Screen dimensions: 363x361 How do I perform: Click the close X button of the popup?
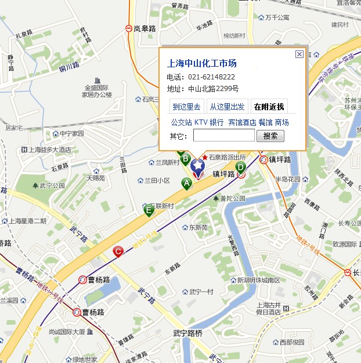(299, 54)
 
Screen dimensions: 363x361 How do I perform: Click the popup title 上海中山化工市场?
(201, 64)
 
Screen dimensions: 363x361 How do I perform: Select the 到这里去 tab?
(186, 107)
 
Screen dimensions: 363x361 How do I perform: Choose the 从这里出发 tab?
(227, 107)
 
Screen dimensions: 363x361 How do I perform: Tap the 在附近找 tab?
(269, 107)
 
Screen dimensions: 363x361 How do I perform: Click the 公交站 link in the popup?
(181, 122)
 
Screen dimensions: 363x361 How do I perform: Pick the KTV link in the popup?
(200, 122)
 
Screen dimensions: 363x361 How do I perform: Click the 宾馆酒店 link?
(241, 122)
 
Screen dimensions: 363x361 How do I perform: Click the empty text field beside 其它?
(223, 136)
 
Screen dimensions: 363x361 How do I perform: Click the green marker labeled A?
(186, 183)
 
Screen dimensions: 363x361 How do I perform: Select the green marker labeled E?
(149, 210)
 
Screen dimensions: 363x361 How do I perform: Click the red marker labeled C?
(118, 251)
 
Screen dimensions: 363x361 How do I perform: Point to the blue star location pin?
(197, 166)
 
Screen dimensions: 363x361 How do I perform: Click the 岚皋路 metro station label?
(145, 28)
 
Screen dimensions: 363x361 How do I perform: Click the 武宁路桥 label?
(188, 333)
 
